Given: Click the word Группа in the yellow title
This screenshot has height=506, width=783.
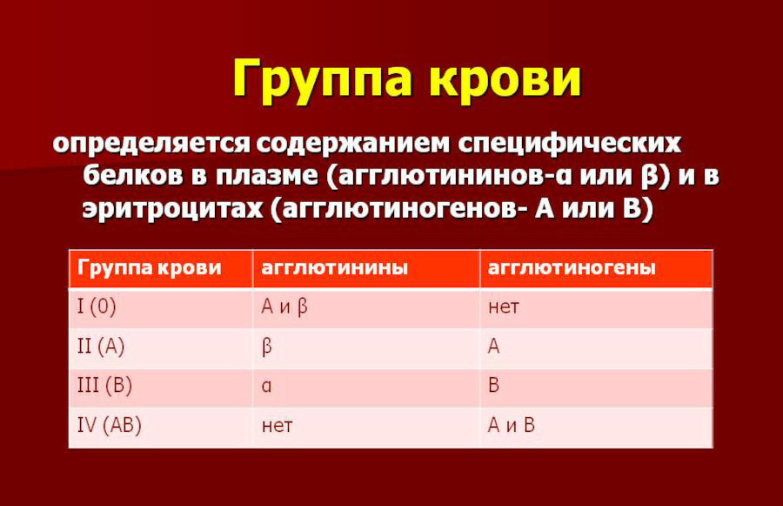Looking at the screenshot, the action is point(322,80).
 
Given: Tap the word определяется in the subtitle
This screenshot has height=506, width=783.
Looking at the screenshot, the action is point(151,145).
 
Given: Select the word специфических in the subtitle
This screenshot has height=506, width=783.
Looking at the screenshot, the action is point(569,145).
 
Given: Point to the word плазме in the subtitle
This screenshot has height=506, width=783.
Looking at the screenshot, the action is point(267,175).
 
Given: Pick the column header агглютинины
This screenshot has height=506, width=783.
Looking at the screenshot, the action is point(335,268).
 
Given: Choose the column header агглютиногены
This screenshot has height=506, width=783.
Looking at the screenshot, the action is point(572,268).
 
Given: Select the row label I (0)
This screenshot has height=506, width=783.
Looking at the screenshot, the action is point(97,306).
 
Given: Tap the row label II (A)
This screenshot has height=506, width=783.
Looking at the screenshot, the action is point(101,346).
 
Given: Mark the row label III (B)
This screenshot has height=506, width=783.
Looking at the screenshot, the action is point(104,386).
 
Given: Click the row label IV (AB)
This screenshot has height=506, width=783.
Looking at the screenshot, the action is point(110,425).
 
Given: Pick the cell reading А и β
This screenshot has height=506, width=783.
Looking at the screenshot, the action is point(284,307).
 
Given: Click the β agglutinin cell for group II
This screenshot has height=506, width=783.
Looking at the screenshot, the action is point(267,347).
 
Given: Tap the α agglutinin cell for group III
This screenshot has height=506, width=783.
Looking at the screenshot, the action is point(267,386).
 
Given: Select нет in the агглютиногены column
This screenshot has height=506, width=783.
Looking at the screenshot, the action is point(504,307).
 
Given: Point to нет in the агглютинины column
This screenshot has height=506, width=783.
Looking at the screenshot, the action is point(277,426).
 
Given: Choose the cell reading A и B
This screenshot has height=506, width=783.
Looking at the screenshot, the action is point(512,425).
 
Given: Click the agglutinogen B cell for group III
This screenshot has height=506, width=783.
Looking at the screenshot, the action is point(493,386).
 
